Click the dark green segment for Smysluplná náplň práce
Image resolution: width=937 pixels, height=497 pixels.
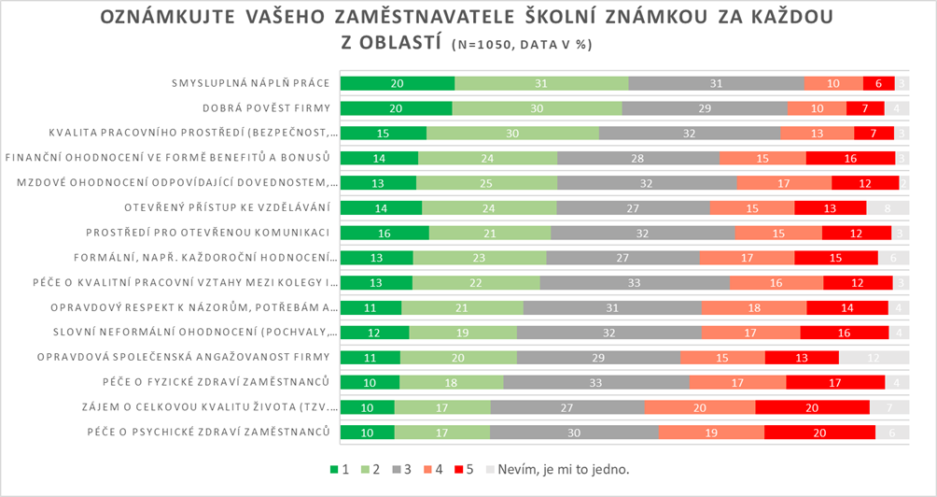(397, 83)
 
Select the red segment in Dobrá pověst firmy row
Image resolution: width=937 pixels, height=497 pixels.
(864, 107)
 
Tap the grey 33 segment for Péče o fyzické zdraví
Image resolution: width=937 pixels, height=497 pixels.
(596, 381)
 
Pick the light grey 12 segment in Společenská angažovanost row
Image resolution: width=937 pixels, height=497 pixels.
(873, 356)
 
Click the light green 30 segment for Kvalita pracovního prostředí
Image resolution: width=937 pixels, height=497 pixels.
(512, 133)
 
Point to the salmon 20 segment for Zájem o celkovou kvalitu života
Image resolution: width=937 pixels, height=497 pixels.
(699, 406)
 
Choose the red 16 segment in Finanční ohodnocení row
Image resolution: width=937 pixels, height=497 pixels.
(850, 158)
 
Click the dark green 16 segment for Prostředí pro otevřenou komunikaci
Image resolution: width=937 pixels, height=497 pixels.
(385, 232)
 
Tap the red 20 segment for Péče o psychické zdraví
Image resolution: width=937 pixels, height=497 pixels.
(819, 432)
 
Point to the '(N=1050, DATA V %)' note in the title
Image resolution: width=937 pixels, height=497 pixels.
(522, 44)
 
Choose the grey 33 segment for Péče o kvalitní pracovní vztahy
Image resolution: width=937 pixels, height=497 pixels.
(634, 282)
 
